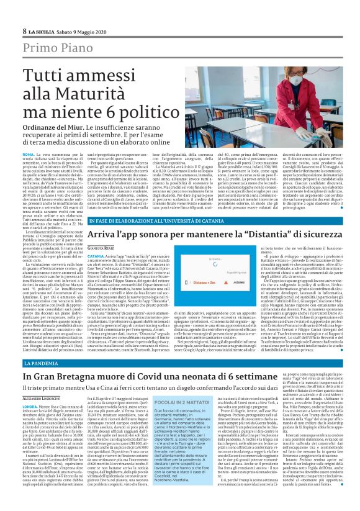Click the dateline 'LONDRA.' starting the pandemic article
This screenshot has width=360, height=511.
pyautogui.click(x=32, y=404)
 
